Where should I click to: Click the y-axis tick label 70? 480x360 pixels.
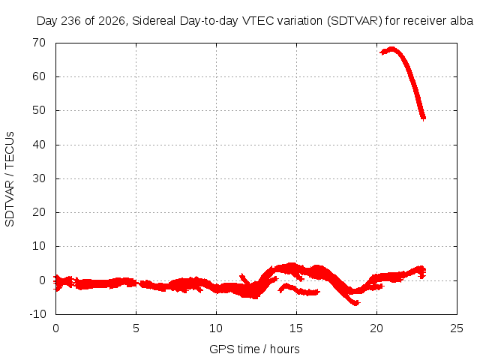point(39,43)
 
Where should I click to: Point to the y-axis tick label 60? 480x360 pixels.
point(39,76)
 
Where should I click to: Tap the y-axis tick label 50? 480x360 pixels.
point(39,110)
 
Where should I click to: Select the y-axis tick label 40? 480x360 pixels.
point(39,145)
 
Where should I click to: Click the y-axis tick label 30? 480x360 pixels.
point(39,178)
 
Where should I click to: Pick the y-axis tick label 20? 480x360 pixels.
point(39,212)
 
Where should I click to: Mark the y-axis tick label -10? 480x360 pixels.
point(37,314)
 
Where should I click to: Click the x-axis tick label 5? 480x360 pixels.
point(136,328)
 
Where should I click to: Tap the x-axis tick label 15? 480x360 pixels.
point(296,328)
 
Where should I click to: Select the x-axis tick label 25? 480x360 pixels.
point(457,328)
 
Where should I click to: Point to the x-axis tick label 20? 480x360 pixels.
point(376,328)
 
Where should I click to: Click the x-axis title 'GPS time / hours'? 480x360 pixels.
point(254,349)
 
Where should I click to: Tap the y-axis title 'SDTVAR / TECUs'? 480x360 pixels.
point(10,179)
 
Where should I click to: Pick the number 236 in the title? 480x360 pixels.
point(71,21)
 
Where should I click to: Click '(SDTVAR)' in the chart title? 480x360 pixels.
point(355,21)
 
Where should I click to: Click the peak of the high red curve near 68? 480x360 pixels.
point(391,49)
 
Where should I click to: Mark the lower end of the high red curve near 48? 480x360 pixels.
point(423,118)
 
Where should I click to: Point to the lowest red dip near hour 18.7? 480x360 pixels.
point(355,303)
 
